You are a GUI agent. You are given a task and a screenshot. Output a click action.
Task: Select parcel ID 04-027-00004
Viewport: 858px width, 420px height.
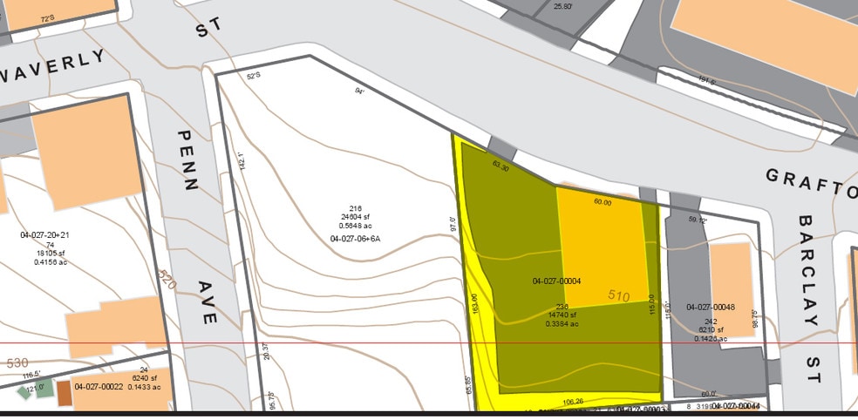[x=556, y=281]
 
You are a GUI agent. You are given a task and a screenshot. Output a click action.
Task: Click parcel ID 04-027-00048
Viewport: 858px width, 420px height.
[x=711, y=308]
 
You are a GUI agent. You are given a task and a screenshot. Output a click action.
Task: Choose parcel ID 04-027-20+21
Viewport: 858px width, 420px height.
[x=50, y=235]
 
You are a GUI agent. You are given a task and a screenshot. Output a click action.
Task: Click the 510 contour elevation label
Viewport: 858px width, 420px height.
[x=618, y=296]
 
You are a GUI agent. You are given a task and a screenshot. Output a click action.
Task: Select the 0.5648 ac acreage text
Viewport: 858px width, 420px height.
[x=355, y=226]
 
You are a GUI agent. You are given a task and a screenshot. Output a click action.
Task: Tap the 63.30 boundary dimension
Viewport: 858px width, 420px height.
[x=500, y=165]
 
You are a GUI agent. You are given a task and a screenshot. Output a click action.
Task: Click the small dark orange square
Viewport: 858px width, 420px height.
[x=65, y=393]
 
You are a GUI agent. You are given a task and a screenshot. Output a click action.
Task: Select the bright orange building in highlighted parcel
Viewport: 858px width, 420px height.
[x=603, y=244]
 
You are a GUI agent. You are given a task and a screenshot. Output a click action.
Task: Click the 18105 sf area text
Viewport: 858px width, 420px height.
[x=50, y=254]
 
